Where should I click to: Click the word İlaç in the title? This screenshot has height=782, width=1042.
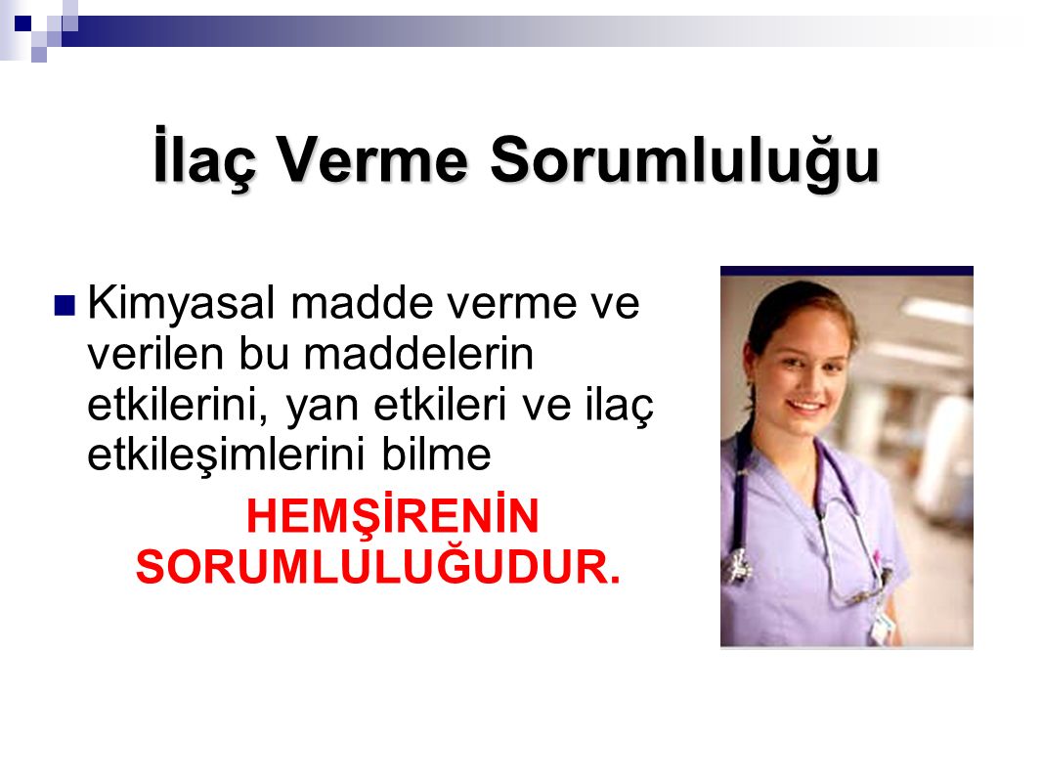tap(204, 158)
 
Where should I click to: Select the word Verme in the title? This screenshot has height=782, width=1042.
tap(372, 160)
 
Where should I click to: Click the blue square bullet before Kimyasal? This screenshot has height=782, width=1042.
tap(65, 305)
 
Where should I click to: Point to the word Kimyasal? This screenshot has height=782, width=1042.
tap(181, 305)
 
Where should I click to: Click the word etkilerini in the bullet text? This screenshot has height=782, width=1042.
tap(178, 405)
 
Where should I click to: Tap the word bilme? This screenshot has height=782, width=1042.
tap(436, 456)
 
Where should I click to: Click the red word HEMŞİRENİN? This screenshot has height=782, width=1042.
tap(392, 516)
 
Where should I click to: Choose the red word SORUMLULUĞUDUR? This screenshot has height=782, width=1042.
tap(377, 567)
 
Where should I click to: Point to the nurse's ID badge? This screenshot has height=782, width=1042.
tap(881, 625)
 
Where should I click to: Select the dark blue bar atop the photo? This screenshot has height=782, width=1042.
tap(847, 271)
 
